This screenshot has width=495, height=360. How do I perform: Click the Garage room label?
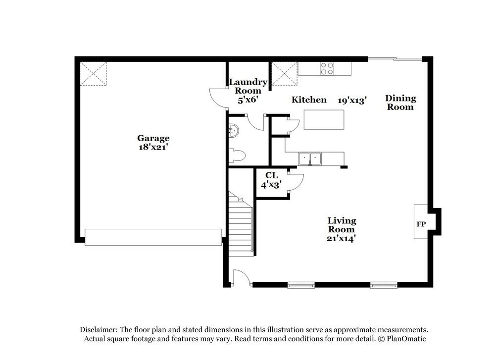(153, 138)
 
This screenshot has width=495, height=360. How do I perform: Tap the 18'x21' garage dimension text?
(153, 147)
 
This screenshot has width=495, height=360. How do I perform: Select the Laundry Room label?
(247, 86)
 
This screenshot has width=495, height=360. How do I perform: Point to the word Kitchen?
(309, 100)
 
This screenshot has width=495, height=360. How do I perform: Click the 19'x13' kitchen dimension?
(352, 101)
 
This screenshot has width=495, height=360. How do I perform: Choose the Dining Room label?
(400, 103)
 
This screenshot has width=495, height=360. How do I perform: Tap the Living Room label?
(342, 225)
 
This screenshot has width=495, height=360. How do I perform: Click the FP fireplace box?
(421, 224)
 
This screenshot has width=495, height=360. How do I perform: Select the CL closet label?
(271, 175)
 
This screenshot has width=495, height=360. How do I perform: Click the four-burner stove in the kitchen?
(327, 68)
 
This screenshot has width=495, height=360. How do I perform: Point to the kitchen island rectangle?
(324, 119)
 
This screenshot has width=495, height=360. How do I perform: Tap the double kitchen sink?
(309, 158)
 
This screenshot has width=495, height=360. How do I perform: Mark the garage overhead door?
(153, 237)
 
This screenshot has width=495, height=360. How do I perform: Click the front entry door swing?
(241, 278)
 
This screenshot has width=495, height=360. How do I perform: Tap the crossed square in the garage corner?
(93, 73)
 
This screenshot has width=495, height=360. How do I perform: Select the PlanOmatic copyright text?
(402, 339)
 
